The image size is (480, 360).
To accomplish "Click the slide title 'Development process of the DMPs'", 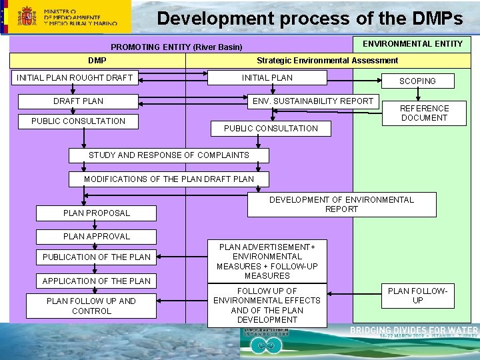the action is click(x=309, y=18).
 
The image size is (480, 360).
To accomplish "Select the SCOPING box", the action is click(x=417, y=81).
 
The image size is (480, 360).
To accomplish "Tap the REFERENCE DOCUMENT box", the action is click(x=424, y=113).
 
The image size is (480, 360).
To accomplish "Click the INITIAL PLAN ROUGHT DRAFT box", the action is click(x=75, y=78).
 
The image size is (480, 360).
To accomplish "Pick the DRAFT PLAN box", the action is click(x=78, y=101).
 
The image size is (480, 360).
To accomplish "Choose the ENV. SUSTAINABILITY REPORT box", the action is click(x=313, y=101).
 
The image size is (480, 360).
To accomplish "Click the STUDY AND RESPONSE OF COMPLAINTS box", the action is click(x=169, y=155).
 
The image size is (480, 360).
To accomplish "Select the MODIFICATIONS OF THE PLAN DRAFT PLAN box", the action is click(x=169, y=179).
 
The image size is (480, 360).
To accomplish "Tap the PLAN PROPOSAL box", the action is click(x=97, y=213).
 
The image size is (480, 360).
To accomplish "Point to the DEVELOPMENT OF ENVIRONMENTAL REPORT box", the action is click(x=341, y=205).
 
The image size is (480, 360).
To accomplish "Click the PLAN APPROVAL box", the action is click(x=97, y=237).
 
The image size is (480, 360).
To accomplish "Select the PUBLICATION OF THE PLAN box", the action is click(x=97, y=257).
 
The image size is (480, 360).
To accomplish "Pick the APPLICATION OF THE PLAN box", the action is click(x=97, y=281).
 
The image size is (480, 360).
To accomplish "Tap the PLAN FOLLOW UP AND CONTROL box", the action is click(x=91, y=306).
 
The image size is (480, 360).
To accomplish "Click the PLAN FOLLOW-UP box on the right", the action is click(x=417, y=296).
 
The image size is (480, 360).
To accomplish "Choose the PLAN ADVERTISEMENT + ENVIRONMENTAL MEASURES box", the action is click(x=267, y=261).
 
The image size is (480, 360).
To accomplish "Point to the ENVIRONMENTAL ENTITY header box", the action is click(x=412, y=44).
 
